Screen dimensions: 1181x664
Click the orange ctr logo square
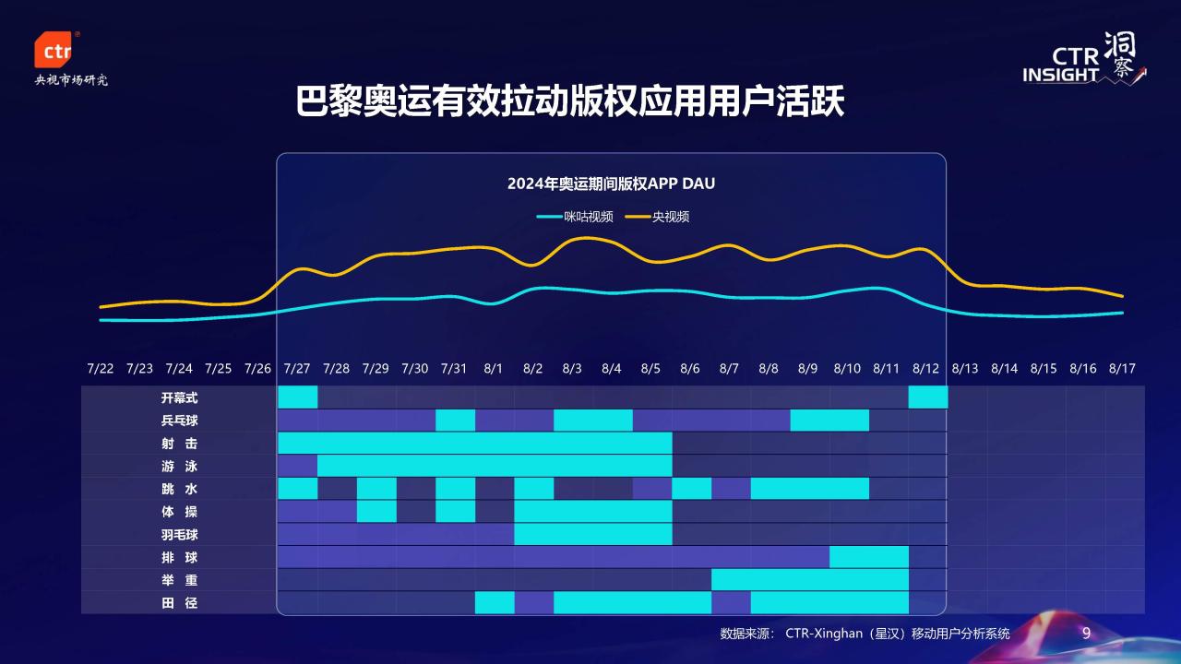[x=53, y=50]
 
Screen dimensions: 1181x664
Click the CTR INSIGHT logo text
[x=1061, y=65]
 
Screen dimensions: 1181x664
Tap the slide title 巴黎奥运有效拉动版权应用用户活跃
[x=570, y=101]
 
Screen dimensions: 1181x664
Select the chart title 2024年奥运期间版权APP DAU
[x=611, y=184]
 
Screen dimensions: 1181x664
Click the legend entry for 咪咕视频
[x=575, y=217]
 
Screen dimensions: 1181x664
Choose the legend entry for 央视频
[x=657, y=217]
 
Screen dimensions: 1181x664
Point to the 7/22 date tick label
[x=101, y=368]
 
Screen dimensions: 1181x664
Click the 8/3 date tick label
[x=572, y=368]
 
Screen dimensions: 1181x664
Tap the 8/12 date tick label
[x=925, y=368]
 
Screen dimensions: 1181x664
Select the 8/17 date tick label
[x=1122, y=368]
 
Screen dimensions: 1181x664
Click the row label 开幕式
[x=179, y=397]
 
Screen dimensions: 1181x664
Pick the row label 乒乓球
[x=179, y=421]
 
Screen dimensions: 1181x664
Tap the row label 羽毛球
[x=179, y=534]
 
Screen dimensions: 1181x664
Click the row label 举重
[x=179, y=580]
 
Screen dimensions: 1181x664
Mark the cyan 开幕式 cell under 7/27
[x=298, y=397]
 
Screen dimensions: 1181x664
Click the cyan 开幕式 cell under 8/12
[x=928, y=397]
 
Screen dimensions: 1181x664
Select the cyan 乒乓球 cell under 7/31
[x=456, y=420]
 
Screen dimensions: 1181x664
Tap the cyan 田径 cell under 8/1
[x=495, y=602]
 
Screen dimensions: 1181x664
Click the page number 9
[x=1086, y=633]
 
